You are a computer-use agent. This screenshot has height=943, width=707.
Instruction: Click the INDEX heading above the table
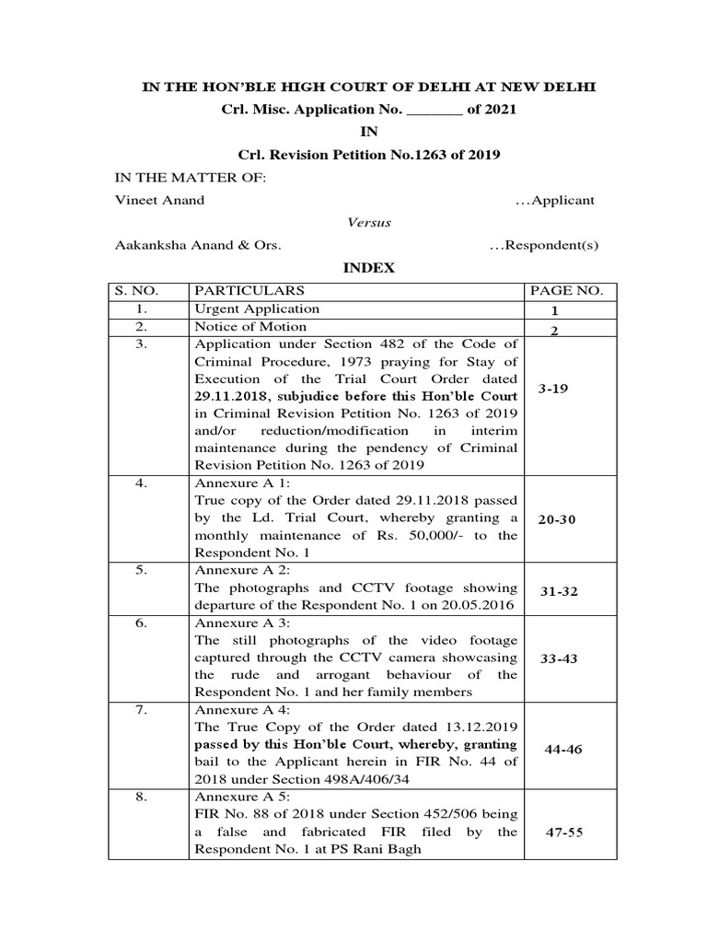coord(368,268)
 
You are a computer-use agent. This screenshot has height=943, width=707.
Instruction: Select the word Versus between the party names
coord(368,223)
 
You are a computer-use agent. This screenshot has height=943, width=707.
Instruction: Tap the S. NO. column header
coord(137,291)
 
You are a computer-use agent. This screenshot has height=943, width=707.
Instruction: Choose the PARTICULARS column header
coord(249,291)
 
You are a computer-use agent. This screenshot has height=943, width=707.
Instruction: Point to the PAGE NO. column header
coord(566,291)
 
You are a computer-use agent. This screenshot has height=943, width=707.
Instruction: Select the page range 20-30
coord(557,519)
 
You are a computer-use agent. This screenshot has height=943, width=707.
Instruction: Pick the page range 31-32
coord(558,590)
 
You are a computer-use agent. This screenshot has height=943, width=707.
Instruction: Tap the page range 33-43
coord(558,658)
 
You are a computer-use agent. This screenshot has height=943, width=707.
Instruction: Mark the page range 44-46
coord(563,750)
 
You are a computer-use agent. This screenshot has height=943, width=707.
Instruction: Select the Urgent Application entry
coord(257,309)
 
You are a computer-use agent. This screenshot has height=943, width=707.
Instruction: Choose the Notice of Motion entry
coord(250,327)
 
